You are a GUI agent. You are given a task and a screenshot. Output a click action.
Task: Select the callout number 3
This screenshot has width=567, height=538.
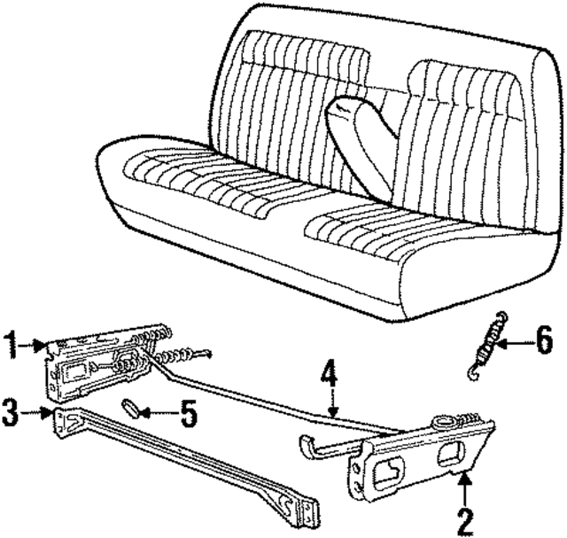[11, 411]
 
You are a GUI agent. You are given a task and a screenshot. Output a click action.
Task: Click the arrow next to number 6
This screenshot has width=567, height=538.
[517, 339]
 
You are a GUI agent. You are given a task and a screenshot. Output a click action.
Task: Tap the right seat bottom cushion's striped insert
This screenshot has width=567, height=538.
[390, 222]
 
